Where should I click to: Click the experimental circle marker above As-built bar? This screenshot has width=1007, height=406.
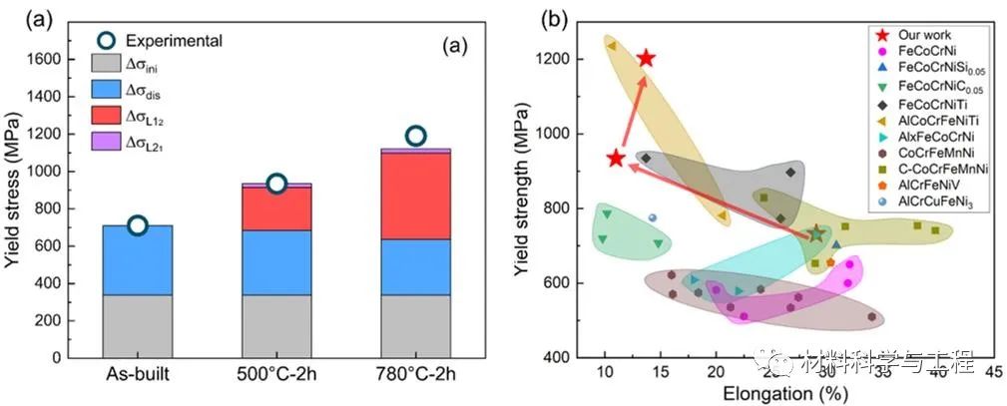tap(138, 225)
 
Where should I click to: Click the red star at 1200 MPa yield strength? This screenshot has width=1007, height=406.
tap(646, 59)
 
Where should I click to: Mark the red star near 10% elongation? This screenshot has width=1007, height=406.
tap(616, 158)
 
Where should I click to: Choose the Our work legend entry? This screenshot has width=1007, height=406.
tap(924, 35)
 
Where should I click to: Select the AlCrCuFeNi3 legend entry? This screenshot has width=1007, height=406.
tap(937, 201)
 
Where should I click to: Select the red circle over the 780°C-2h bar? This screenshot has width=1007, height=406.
tap(415, 136)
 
